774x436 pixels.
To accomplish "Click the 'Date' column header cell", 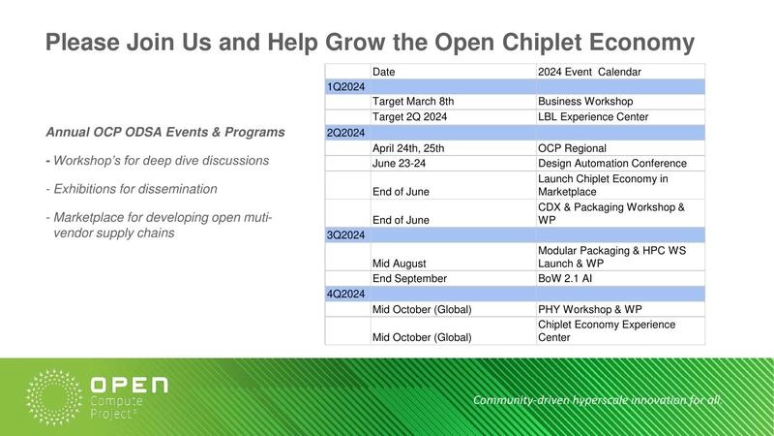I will coord(384,72).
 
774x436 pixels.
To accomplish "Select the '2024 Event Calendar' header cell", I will coord(589,72).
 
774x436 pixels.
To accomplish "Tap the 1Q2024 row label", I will coord(346,86).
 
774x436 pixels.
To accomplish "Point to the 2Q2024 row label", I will coord(346,133).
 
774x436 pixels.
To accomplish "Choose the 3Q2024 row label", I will coord(346,234).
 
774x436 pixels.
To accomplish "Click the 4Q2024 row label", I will coord(346,294).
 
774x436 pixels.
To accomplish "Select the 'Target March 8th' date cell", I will coord(413,102).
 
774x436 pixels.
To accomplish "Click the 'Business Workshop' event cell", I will coord(585,102).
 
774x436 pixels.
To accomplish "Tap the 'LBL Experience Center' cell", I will coord(593,117).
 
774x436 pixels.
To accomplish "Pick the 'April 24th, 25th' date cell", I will coord(408,148).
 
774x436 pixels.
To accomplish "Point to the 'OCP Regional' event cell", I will coord(572,148).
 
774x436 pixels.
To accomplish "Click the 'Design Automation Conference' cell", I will coord(611,164).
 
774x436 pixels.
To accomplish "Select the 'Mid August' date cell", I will coord(399,263).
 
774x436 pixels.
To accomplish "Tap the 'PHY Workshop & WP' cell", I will coord(589,309).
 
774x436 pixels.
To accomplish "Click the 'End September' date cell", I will coord(409,278).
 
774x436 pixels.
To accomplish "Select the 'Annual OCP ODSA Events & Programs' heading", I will coord(165,132).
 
